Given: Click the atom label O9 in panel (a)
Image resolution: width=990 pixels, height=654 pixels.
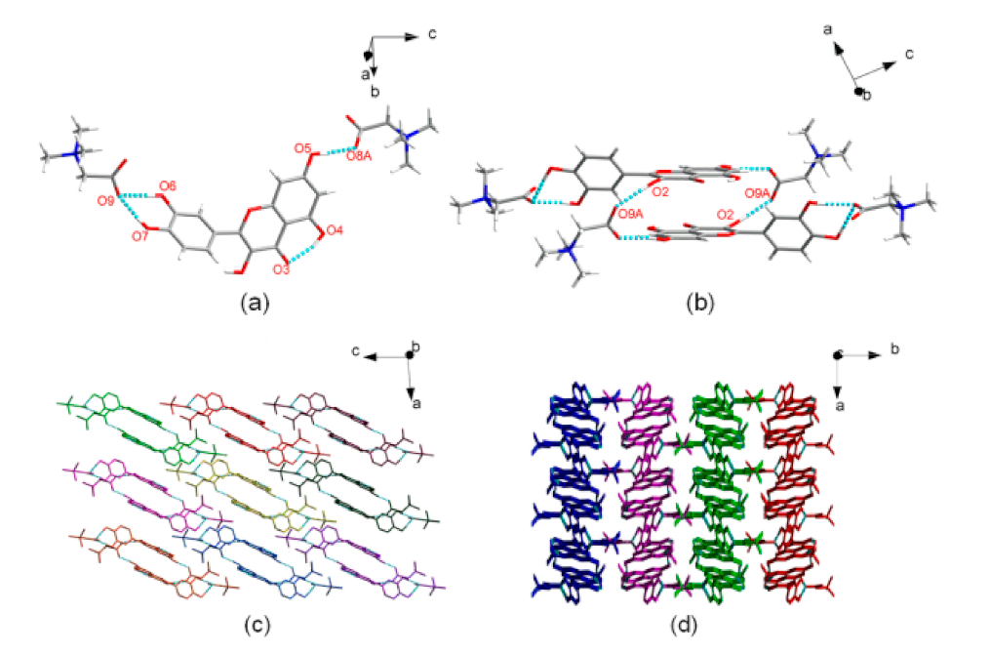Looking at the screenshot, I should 105,200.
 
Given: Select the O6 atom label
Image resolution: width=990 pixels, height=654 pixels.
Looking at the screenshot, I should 167,185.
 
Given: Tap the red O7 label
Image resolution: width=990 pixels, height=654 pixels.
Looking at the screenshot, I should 142,235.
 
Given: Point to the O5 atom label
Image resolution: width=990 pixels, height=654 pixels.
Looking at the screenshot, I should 302,147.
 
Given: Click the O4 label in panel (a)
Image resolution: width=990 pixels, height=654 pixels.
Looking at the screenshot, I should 335,230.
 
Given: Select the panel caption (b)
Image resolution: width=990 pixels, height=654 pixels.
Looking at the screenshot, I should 699,303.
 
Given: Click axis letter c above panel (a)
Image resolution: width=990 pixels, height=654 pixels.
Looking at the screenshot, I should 432,35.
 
